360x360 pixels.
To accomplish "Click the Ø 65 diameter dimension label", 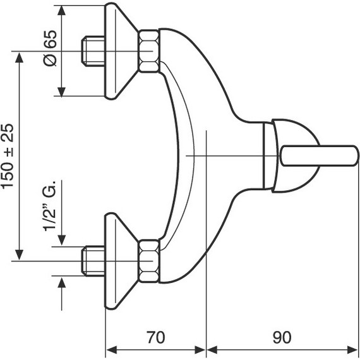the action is [50, 49].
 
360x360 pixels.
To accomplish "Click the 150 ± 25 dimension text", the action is [8, 157].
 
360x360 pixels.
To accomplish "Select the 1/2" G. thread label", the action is [49, 205].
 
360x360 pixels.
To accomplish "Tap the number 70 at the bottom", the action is [155, 337].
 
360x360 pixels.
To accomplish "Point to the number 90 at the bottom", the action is [282, 337].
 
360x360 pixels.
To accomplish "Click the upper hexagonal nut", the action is [149, 51].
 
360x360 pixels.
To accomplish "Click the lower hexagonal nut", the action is [149, 261].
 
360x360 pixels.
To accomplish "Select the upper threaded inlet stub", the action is [93, 51].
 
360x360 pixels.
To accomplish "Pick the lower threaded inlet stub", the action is [93, 261].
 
